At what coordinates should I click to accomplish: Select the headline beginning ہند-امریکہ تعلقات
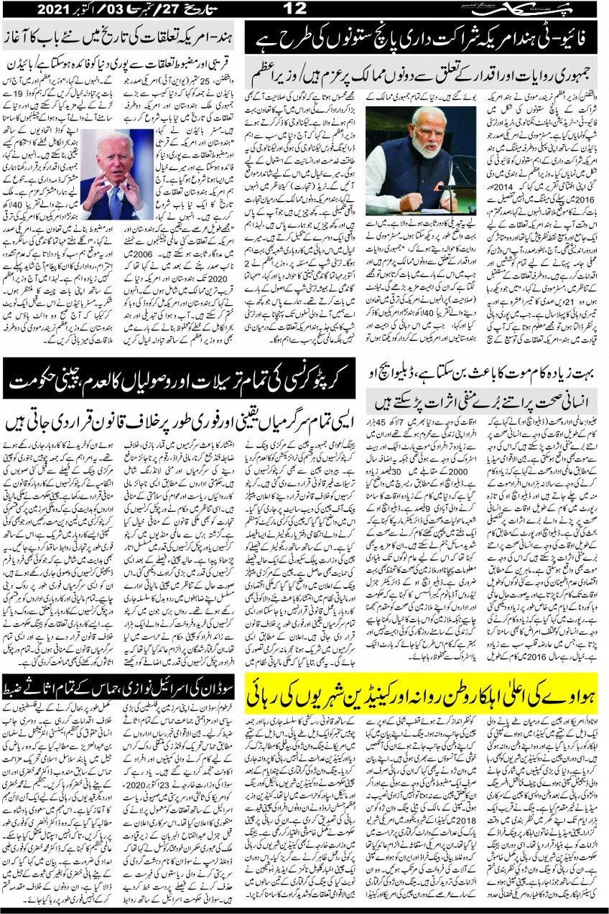[x=122, y=34]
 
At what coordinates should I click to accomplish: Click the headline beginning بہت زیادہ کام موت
[x=488, y=373]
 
